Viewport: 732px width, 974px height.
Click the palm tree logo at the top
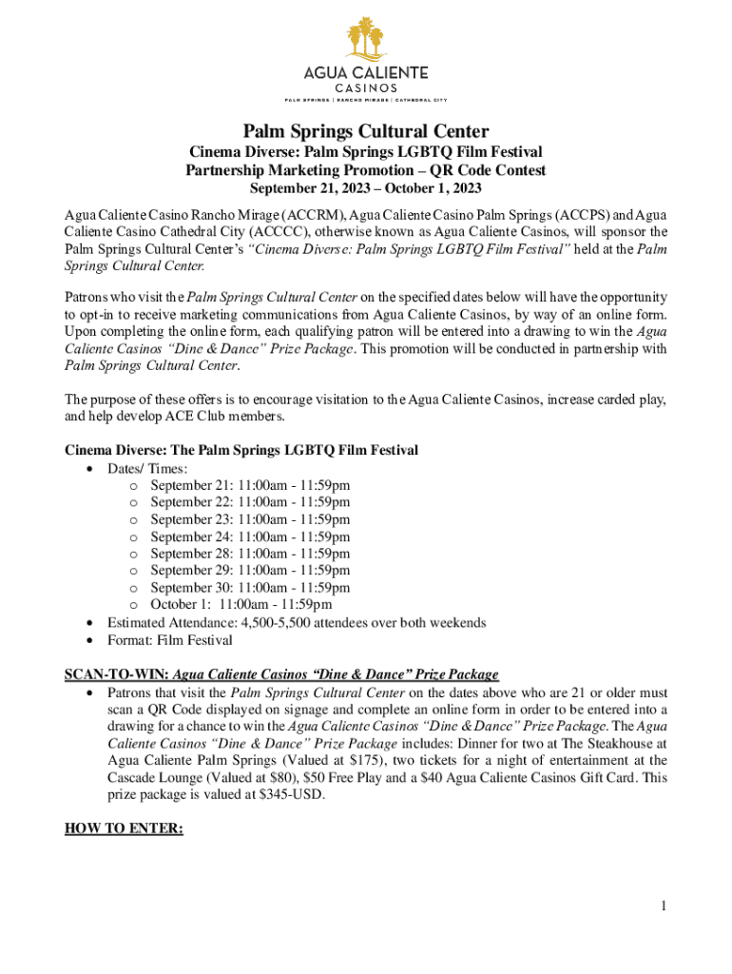click(366, 37)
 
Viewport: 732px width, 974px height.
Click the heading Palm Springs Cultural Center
click(366, 131)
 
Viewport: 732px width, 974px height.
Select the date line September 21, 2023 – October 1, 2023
click(366, 188)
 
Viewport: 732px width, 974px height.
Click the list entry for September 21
click(250, 485)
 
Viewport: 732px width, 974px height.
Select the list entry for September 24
click(250, 536)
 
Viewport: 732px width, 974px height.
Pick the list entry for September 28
click(250, 554)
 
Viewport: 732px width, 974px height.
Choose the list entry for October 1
click(241, 605)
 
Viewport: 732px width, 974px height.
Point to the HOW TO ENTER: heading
click(124, 828)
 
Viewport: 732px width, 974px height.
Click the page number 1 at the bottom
click(663, 906)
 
